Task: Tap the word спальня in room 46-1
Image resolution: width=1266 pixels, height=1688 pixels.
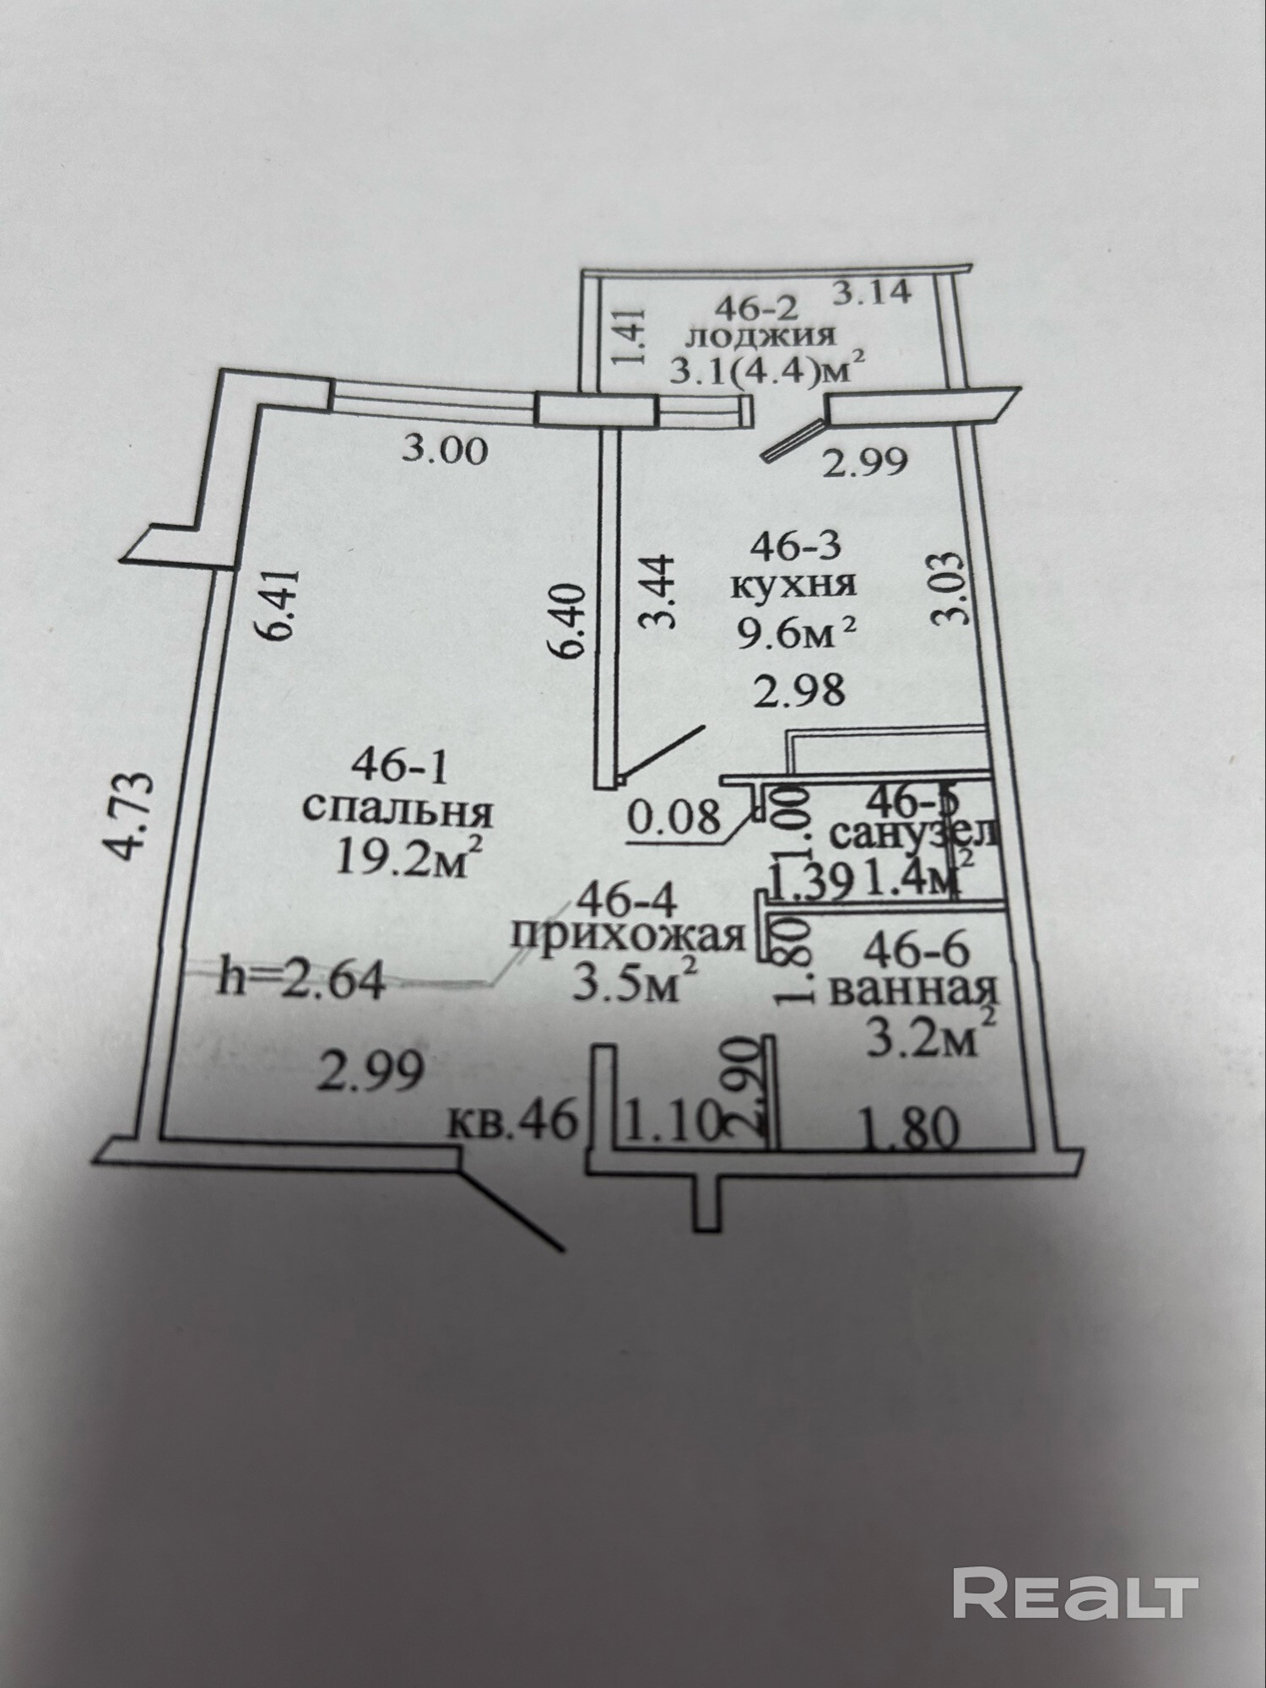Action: pyautogui.click(x=397, y=812)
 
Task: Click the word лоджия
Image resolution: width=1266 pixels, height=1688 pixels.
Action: pyautogui.click(x=760, y=336)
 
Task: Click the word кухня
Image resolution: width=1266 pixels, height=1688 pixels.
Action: pyautogui.click(x=793, y=585)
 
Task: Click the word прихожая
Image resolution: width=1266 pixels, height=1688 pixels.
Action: pyautogui.click(x=629, y=937)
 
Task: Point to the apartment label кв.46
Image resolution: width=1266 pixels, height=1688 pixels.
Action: pyautogui.click(x=513, y=1122)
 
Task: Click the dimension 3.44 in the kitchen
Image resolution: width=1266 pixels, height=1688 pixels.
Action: pyautogui.click(x=657, y=592)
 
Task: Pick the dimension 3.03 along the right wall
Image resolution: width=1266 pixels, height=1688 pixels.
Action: pyautogui.click(x=947, y=588)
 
